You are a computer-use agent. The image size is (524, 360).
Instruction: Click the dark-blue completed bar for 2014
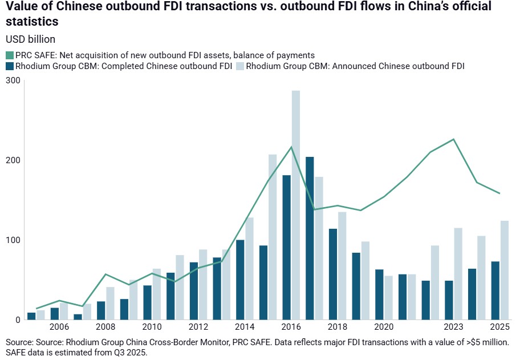(240, 279)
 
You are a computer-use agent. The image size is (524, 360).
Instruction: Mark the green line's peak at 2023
(453, 139)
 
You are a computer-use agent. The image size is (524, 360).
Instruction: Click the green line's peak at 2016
(291, 147)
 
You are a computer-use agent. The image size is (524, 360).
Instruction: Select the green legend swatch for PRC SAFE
(9, 55)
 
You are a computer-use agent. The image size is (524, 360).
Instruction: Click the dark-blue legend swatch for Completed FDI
(9, 66)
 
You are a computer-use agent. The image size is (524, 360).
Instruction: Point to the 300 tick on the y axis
(13, 81)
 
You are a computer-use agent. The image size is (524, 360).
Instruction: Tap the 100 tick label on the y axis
(13, 240)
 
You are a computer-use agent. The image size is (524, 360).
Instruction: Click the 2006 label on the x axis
(59, 327)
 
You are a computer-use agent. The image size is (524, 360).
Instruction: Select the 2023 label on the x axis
(453, 327)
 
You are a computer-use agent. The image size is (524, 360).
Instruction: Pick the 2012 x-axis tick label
(198, 327)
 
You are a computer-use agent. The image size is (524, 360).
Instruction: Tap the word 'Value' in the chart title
(21, 7)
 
